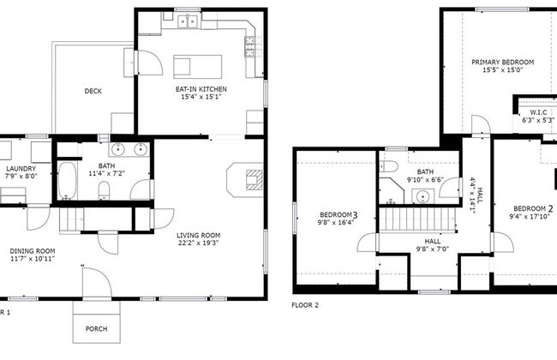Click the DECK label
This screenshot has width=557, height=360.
click(93, 92)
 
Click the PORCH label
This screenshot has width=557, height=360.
click(97, 329)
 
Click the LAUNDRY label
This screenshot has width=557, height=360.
click(20, 169)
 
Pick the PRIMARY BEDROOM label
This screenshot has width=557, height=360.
click(502, 63)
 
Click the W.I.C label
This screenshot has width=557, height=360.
click(538, 112)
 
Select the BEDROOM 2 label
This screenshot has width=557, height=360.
click(534, 208)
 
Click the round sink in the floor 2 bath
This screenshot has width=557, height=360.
click(422, 197)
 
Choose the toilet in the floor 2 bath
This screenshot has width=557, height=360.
click(388, 167)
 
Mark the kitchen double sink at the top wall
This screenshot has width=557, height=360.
click(188, 21)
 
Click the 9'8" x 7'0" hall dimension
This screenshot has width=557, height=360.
click(420, 250)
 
